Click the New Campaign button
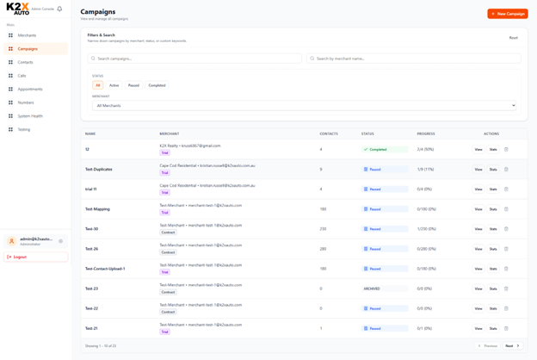pyautogui.click(x=508, y=14)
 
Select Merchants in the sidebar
pyautogui.click(x=27, y=35)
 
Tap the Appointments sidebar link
pyautogui.click(x=30, y=90)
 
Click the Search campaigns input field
pyautogui.click(x=196, y=59)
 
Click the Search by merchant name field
pyautogui.click(x=415, y=59)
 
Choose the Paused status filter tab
pyautogui.click(x=133, y=85)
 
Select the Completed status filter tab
pyautogui.click(x=157, y=85)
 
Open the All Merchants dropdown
pyautogui.click(x=304, y=106)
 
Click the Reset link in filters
pyautogui.click(x=513, y=38)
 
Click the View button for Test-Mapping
pyautogui.click(x=478, y=209)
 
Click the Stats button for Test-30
pyautogui.click(x=493, y=229)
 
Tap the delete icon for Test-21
pyautogui.click(x=506, y=328)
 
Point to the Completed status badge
pyautogui.click(x=376, y=150)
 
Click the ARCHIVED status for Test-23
pyautogui.click(x=372, y=289)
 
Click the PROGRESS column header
pyautogui.click(x=426, y=133)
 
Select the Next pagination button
pyautogui.click(x=511, y=345)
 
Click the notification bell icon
pyautogui.click(x=59, y=9)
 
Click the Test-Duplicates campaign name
pyautogui.click(x=99, y=170)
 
